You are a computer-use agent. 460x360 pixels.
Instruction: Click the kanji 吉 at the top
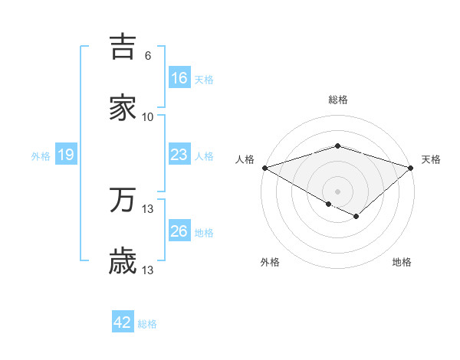coord(123,47)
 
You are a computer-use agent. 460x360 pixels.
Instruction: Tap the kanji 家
coord(123,108)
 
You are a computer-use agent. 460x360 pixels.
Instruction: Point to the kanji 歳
coord(123,261)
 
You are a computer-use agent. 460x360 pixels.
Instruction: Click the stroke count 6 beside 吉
coord(148,56)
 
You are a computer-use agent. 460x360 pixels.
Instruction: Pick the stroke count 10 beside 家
coord(148,117)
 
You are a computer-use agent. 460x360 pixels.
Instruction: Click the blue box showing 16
coord(179,78)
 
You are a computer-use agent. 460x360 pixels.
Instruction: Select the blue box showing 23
coord(179,155)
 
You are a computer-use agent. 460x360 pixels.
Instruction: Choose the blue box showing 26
coord(179,231)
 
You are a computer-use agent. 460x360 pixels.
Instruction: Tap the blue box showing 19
coord(66,155)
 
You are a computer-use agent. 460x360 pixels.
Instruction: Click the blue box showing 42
coord(123,322)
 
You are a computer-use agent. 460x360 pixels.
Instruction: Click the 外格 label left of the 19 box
coord(41,155)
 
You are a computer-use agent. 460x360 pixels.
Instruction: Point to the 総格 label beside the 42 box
coord(147,324)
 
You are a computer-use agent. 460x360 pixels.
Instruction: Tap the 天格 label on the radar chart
coord(431,159)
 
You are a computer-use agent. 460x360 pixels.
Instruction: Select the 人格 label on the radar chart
coord(245,159)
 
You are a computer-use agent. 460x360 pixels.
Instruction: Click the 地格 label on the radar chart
coord(402,262)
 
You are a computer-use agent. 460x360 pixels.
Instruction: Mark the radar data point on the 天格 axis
coord(412,168)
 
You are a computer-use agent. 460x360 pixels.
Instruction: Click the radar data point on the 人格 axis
coord(264,168)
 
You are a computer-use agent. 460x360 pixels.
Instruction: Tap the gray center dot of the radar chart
coord(338,191)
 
